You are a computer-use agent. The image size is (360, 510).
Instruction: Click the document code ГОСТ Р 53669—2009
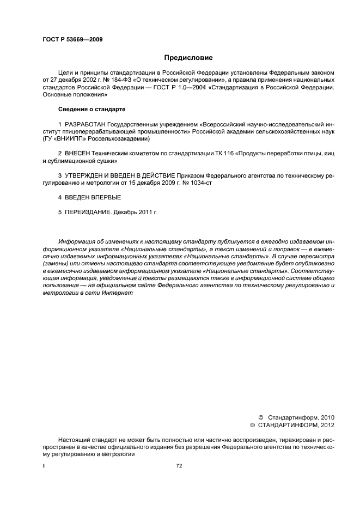72,40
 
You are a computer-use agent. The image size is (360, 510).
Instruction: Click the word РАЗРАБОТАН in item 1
85,125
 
